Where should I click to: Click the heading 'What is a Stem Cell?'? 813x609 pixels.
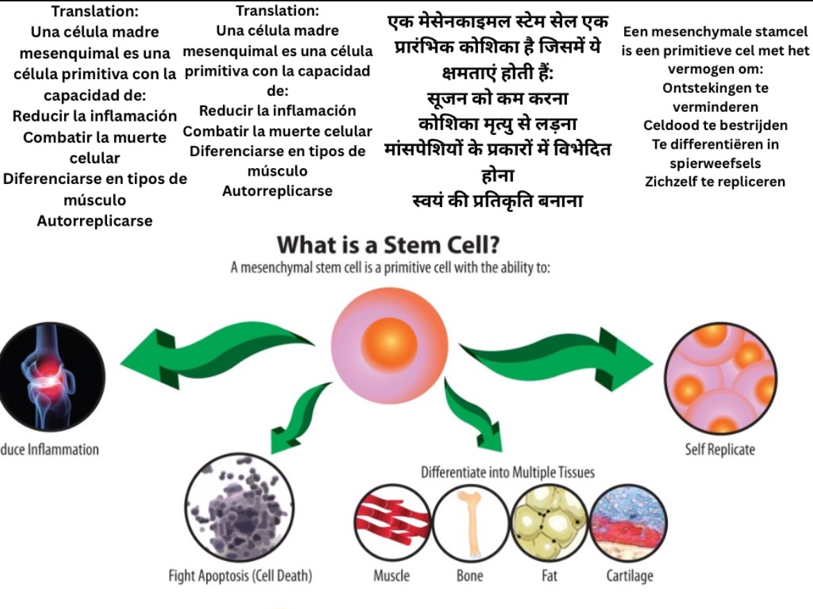[389, 246]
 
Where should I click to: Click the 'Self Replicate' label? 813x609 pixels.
[720, 449]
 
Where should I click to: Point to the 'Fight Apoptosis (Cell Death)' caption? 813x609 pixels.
[240, 576]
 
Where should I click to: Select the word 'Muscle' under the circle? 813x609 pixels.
[391, 576]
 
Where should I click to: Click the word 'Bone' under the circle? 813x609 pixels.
[470, 576]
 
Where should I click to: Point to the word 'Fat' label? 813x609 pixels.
[549, 576]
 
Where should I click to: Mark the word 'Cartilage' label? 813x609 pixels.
[629, 576]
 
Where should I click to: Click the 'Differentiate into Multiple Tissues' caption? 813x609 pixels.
[507, 473]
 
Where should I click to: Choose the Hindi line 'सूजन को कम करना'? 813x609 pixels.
[498, 99]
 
